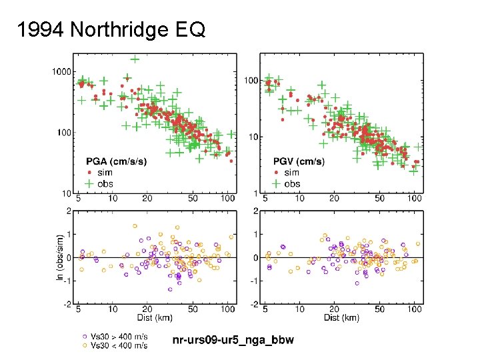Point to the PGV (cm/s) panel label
pos(299,161)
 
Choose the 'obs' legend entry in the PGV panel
pos(291,183)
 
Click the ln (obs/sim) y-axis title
pos(60,257)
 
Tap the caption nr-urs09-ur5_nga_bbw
pos(233,341)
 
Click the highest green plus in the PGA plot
pos(135,59)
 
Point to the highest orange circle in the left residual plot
pos(135,226)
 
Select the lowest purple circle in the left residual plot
pos(170,289)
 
